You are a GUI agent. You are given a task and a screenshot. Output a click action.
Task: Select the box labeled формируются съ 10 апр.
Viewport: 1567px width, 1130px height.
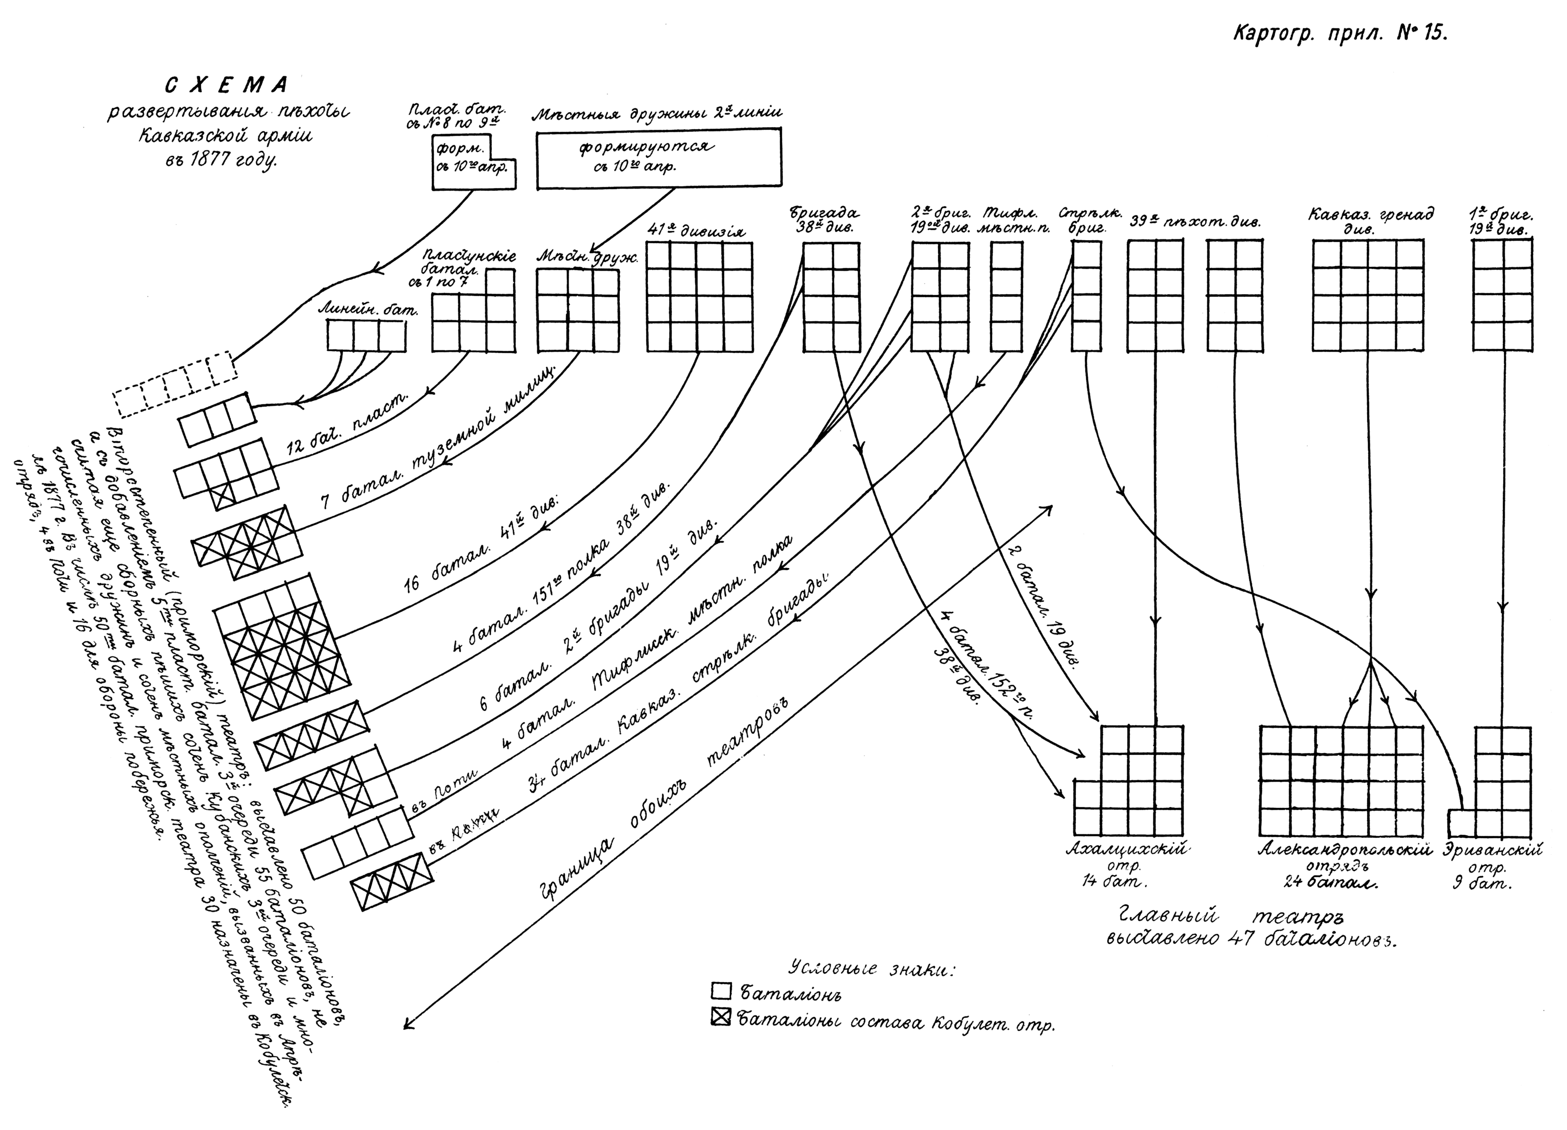659,158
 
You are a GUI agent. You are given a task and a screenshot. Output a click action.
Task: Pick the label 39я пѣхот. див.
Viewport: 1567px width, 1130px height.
1195,223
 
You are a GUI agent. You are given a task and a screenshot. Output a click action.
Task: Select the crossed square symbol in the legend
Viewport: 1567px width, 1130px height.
721,1018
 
